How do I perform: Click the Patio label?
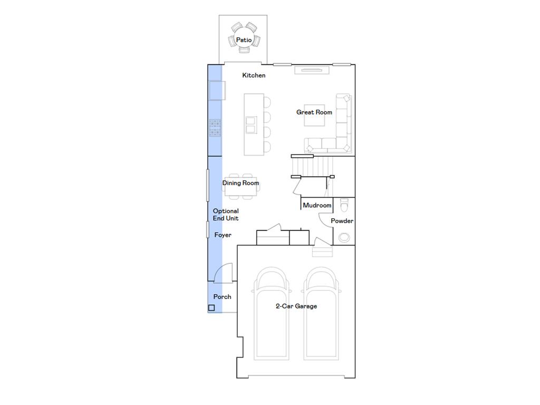[x=244, y=40]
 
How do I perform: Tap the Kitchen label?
[x=254, y=75]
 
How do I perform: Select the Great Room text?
[x=314, y=112]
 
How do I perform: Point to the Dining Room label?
[x=240, y=183]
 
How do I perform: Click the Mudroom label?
[x=317, y=205]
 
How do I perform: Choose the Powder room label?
[x=342, y=221]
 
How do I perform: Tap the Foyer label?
[x=223, y=235]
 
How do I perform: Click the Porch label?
[x=222, y=297]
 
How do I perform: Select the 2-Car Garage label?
[x=296, y=306]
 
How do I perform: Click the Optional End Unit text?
[x=226, y=215]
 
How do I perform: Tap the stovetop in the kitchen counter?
[x=215, y=128]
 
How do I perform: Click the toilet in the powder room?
[x=344, y=204]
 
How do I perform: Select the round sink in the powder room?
[x=344, y=237]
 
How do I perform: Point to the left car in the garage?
[x=272, y=314]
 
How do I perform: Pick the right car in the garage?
[x=322, y=314]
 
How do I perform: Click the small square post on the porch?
[x=211, y=308]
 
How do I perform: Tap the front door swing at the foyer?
[x=222, y=272]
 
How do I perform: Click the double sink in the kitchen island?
[x=251, y=125]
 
